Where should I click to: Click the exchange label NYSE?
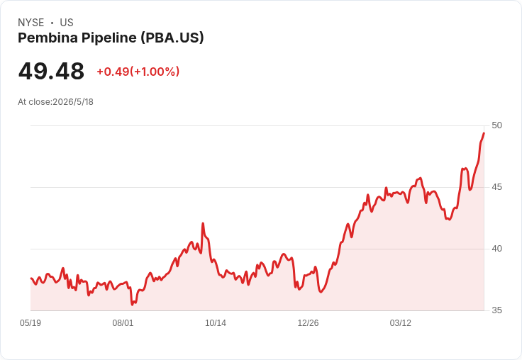click(x=31, y=23)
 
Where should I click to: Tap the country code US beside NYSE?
click(x=67, y=23)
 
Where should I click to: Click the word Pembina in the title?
click(x=48, y=38)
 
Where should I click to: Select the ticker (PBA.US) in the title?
click(x=172, y=38)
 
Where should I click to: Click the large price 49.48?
click(x=51, y=71)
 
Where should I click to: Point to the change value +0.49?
click(x=113, y=72)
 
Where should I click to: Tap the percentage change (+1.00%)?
click(x=155, y=72)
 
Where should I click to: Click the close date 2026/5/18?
click(x=73, y=102)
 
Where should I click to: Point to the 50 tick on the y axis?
click(x=496, y=125)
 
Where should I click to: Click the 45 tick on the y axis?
click(x=496, y=187)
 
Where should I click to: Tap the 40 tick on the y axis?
click(x=496, y=249)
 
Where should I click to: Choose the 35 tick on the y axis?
click(x=496, y=310)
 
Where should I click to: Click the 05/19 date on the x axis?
click(x=30, y=322)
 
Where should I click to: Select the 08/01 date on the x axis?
click(x=123, y=322)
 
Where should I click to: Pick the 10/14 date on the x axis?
click(x=216, y=322)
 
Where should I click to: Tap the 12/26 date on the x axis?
click(x=308, y=322)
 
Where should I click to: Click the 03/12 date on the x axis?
click(x=401, y=322)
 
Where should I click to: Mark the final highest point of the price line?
click(x=484, y=133)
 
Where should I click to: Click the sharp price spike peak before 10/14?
click(x=203, y=223)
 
